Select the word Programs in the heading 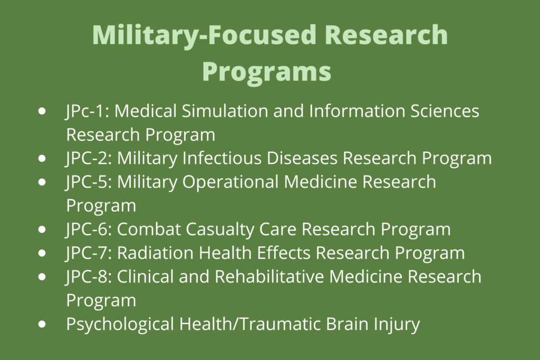point(267,70)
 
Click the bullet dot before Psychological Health point(43,324)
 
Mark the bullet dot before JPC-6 point(43,230)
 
